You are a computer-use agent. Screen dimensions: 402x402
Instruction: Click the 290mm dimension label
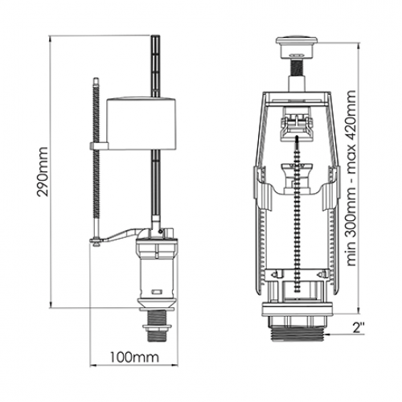43,171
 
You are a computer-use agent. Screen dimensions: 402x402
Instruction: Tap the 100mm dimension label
134,357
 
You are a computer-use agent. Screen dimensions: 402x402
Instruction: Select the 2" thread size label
359,328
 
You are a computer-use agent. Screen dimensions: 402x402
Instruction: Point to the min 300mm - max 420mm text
351,178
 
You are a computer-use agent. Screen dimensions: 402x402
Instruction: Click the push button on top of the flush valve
297,47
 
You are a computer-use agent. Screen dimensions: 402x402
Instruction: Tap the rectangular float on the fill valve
142,124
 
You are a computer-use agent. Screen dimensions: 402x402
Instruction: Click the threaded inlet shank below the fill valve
157,326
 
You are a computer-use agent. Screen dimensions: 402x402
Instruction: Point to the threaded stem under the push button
297,68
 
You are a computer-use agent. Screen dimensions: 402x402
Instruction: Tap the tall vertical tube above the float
155,66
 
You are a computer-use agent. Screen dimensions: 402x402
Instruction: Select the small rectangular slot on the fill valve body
156,292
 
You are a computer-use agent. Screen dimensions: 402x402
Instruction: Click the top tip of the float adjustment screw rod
96,79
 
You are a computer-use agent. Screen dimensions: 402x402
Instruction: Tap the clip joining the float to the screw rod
99,146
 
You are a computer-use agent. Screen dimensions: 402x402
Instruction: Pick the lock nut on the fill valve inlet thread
157,327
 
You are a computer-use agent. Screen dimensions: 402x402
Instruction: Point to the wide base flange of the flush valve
297,309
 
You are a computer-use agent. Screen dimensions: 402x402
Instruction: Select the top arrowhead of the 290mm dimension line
50,39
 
